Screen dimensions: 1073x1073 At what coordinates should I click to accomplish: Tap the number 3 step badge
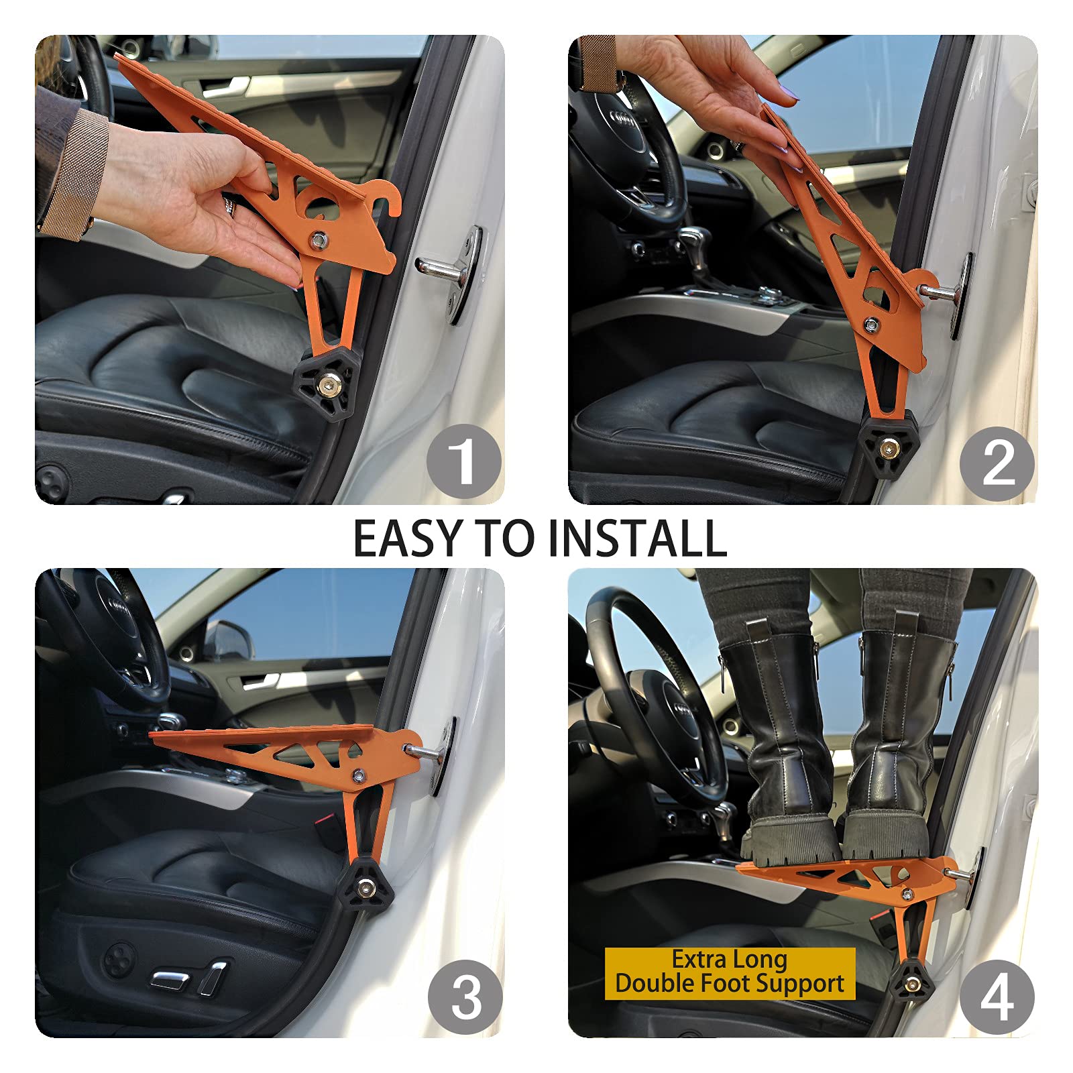click(x=465, y=997)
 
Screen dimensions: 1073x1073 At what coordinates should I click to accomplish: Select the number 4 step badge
click(x=997, y=997)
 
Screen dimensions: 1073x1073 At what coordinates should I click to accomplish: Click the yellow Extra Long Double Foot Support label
click(x=730, y=972)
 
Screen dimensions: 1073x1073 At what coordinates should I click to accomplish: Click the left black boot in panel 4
click(x=785, y=751)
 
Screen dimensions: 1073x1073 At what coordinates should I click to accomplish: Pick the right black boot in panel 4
click(x=885, y=744)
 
